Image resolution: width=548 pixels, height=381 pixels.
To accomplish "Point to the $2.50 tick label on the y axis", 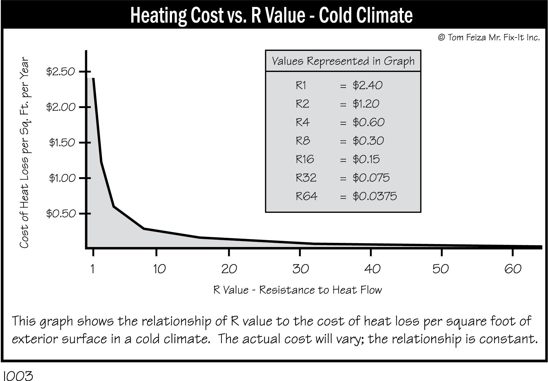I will [61, 72].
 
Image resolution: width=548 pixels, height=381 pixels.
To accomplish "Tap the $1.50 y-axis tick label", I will [62, 143].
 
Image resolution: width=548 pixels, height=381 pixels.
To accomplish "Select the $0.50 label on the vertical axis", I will [61, 214].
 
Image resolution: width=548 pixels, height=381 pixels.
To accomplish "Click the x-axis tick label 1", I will [93, 269].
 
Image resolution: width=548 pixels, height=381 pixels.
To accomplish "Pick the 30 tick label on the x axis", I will [301, 269].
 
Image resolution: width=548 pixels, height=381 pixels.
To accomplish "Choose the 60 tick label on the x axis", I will [513, 269].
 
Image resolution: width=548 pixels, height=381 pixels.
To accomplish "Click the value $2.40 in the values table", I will [367, 85].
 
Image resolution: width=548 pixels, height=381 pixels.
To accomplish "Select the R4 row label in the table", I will [302, 122].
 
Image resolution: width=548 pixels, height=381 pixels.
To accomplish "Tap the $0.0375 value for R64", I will [374, 196].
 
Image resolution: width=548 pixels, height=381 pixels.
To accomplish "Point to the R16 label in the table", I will [305, 159].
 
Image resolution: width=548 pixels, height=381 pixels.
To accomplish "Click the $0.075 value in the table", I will [371, 178].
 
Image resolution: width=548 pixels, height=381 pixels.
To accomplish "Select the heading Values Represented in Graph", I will [343, 61].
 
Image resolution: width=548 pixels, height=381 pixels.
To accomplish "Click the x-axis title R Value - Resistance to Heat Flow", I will [298, 290].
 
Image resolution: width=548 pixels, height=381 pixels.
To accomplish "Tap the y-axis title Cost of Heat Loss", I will [24, 153].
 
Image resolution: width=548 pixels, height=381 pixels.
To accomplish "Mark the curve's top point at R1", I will [93, 79].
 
